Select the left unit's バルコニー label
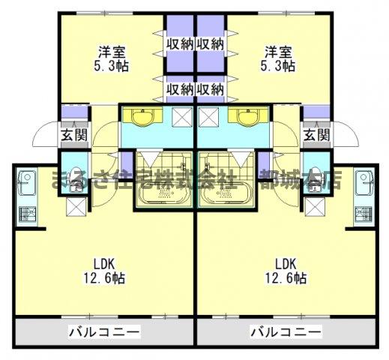[104, 331]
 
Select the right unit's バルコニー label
[286, 331]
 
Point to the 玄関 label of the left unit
[73, 135]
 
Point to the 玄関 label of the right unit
[316, 135]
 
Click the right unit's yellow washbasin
[246, 117]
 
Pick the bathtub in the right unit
[226, 192]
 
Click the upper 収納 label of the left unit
[180, 43]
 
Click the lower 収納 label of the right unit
[211, 89]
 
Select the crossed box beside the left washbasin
[181, 116]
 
